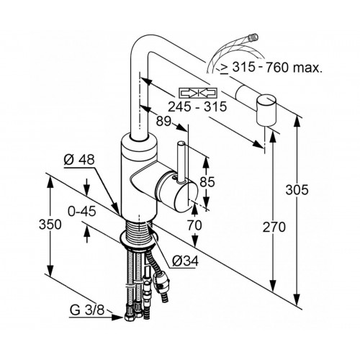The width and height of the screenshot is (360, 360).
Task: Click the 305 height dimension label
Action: tap(297, 190)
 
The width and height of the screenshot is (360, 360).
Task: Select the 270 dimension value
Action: tap(274, 228)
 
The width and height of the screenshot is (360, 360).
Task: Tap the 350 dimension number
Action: tap(50, 225)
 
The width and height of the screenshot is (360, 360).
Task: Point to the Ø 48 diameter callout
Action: tap(79, 159)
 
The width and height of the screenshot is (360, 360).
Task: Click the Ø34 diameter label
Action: tap(185, 261)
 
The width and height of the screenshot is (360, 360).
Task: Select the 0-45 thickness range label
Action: tap(82, 212)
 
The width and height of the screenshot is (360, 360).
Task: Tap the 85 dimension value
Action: tap(207, 181)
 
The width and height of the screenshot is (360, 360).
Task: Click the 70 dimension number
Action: tap(194, 225)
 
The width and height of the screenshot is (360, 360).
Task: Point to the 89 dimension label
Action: tap(163, 122)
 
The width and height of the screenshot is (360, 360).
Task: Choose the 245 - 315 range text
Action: tap(197, 107)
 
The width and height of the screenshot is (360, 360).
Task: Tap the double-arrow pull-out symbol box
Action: tap(198, 93)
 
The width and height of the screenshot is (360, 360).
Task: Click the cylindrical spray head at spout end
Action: tap(266, 110)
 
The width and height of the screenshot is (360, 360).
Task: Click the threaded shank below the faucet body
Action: tap(138, 230)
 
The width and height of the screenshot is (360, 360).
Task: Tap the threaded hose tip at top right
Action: tap(253, 37)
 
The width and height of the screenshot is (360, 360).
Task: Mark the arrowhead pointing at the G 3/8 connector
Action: tap(118, 318)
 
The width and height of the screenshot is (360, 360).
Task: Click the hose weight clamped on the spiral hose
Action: tap(161, 283)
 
